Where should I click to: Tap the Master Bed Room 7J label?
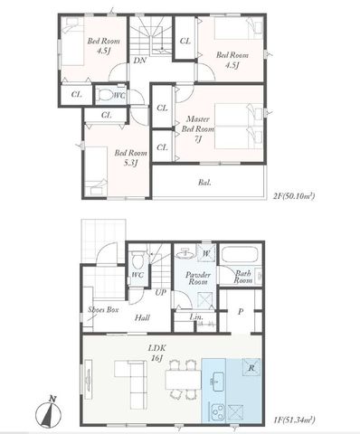(197, 129)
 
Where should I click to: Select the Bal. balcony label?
(204, 183)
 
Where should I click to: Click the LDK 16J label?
(156, 353)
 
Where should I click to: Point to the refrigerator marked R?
(251, 368)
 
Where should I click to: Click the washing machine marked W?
(206, 253)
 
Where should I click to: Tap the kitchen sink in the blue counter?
(218, 382)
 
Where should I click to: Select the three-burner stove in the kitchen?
(218, 412)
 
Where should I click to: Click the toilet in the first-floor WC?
(137, 260)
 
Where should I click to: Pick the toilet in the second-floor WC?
(104, 95)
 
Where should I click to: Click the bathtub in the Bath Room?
(241, 255)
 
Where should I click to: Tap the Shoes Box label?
(103, 309)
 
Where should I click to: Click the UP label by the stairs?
(160, 292)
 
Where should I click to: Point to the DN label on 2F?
(140, 61)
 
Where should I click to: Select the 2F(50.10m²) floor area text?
(294, 196)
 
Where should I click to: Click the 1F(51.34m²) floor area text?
(294, 420)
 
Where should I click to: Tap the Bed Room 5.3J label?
(130, 158)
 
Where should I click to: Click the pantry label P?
(241, 312)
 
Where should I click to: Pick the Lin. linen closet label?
(196, 316)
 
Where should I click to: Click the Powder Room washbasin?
(185, 254)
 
